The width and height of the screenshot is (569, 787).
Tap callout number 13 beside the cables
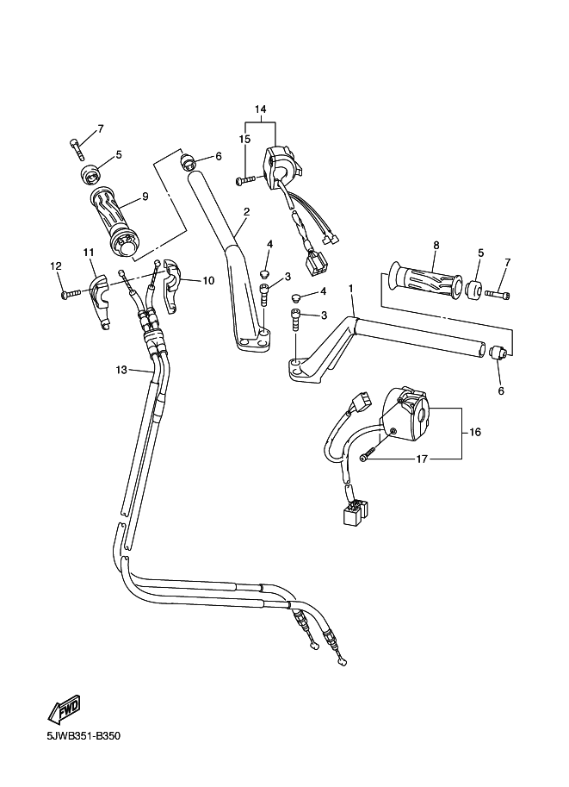(121, 370)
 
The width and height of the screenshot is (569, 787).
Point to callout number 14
(261, 109)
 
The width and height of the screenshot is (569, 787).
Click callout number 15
(244, 139)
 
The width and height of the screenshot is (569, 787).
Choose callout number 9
(145, 197)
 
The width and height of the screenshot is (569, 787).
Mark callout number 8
(436, 245)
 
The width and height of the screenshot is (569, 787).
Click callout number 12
(55, 266)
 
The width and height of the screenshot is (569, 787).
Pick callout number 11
(88, 252)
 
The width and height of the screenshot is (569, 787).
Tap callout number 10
(207, 280)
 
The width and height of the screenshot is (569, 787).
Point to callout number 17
(422, 459)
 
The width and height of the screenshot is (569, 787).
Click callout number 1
(350, 287)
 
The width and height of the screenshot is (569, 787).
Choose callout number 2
(245, 211)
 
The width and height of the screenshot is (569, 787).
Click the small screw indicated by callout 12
(66, 295)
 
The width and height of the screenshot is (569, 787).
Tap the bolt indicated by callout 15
(245, 179)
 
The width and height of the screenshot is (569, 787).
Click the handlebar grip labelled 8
(427, 280)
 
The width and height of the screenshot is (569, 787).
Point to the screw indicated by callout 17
(368, 457)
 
